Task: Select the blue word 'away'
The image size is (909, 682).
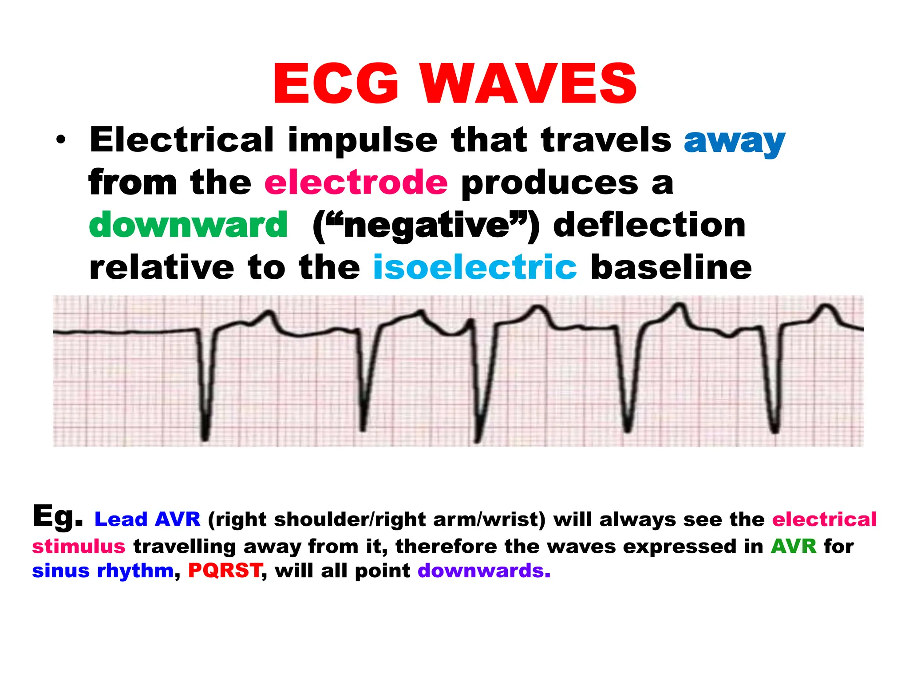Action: pos(734,141)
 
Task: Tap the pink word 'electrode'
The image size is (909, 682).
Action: pos(356,182)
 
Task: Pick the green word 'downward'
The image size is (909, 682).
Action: pos(188,225)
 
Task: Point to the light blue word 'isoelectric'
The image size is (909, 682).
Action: pos(474,267)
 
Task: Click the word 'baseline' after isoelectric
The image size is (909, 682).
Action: pos(671,267)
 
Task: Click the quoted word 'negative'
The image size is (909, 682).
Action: pos(426,226)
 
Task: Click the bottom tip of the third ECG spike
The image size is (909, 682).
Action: pos(477,441)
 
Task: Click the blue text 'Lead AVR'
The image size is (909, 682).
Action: pos(147,519)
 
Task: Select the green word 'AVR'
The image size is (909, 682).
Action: pos(793,546)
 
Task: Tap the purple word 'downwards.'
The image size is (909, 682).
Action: pos(484,571)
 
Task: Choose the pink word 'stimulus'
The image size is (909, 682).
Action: pos(79,546)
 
